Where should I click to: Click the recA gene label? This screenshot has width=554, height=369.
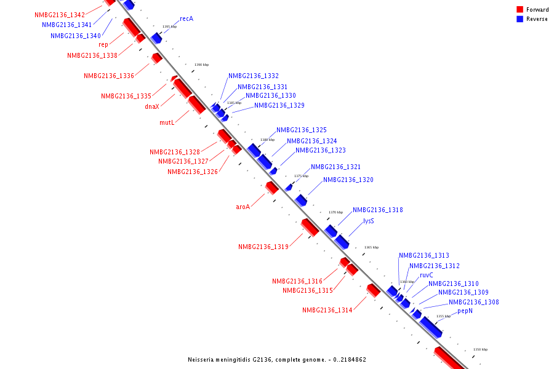187,19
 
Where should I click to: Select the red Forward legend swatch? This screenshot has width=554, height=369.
520,10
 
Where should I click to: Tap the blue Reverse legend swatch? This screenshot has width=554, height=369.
520,19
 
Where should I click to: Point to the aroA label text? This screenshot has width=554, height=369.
243,207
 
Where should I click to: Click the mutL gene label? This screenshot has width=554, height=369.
167,122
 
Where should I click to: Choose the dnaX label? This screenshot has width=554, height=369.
152,106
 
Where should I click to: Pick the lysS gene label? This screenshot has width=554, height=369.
368,221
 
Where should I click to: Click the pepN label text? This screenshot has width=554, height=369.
465,311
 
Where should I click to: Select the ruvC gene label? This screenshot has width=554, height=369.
427,275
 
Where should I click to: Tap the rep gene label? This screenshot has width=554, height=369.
103,44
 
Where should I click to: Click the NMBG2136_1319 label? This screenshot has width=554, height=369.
263,247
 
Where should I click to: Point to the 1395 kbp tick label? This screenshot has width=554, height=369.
169,27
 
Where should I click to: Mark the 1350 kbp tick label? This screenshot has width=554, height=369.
480,349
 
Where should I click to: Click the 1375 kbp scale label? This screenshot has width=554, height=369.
301,176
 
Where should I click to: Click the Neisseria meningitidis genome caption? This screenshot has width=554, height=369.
277,359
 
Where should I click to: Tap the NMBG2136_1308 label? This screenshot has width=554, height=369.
473,302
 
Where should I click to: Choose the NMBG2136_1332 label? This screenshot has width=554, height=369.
254,76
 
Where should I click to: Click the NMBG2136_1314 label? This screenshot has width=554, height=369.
327,310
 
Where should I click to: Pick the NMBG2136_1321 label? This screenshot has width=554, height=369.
335,167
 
